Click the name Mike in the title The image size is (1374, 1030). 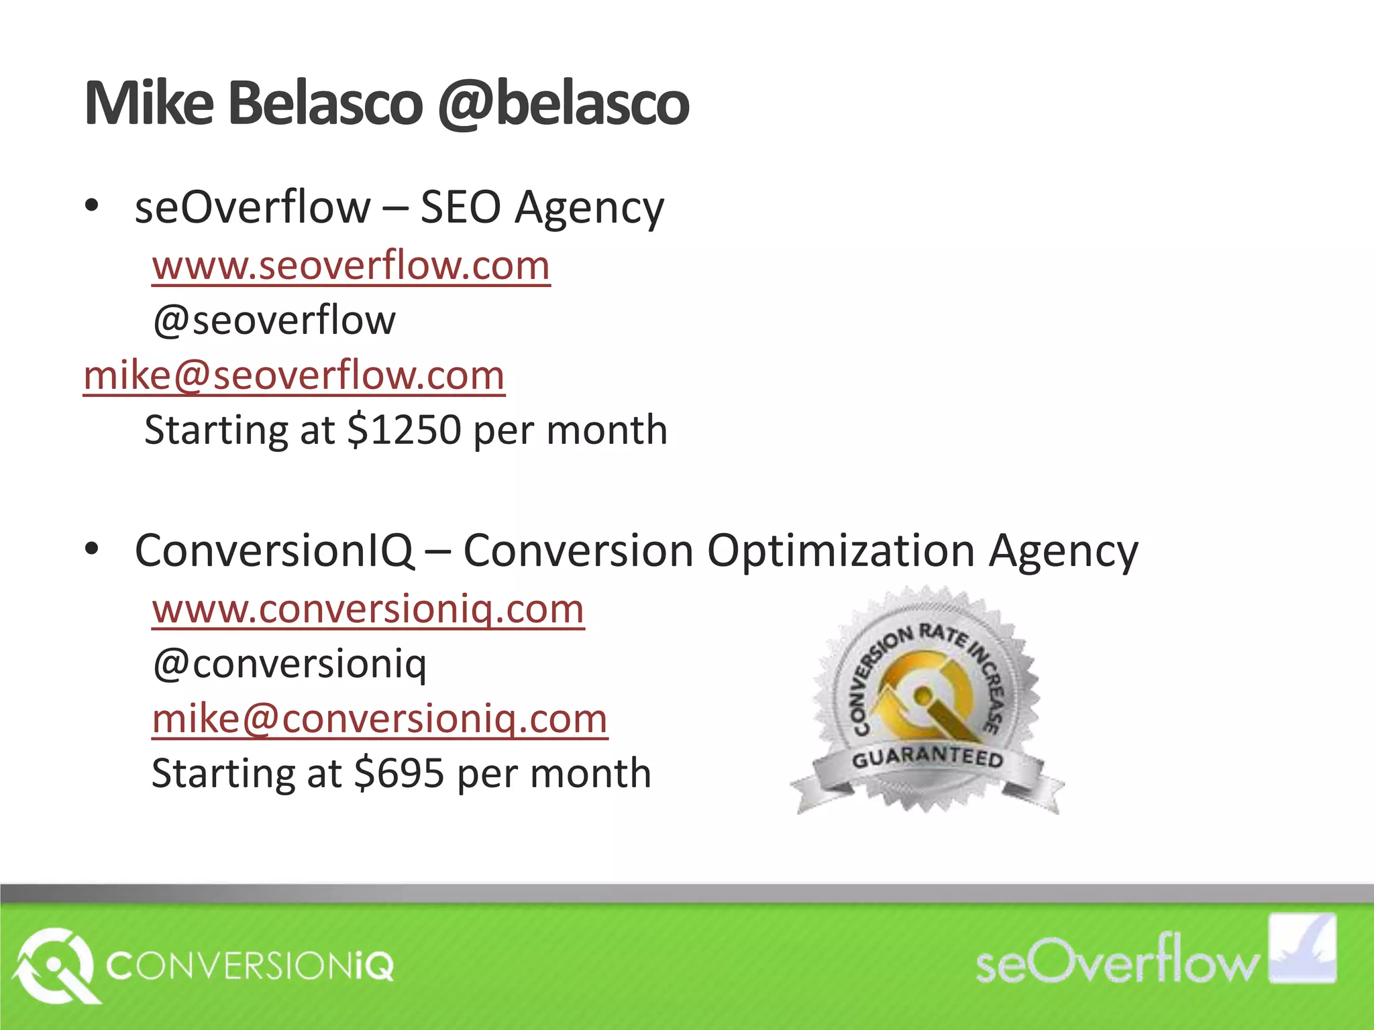click(149, 104)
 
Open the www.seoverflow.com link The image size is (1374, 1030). click(351, 266)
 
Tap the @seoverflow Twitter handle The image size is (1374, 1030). click(274, 321)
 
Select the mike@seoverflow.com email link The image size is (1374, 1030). click(294, 376)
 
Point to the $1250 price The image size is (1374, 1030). click(404, 430)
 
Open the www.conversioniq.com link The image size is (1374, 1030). click(368, 610)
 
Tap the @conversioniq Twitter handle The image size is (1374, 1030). click(289, 665)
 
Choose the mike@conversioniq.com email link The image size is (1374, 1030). click(380, 720)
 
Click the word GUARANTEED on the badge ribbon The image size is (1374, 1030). click(927, 758)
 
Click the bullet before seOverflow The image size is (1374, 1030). click(92, 205)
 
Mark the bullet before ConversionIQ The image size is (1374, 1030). click(92, 549)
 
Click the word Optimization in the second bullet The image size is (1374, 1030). click(841, 551)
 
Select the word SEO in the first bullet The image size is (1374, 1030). click(460, 207)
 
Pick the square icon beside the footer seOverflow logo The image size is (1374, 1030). click(1302, 948)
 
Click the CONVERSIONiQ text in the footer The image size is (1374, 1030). click(250, 966)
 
